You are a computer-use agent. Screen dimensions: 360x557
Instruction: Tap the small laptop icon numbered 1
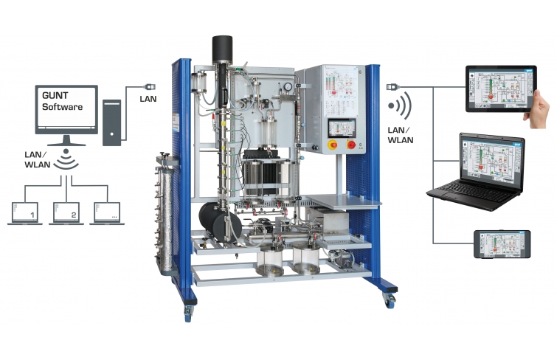[x=27, y=214]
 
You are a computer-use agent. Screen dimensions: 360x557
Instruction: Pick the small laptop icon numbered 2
[x=67, y=214]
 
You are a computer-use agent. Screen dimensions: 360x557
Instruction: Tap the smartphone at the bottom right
[x=502, y=244]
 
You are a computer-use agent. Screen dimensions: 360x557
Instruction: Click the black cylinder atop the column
[x=222, y=49]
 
